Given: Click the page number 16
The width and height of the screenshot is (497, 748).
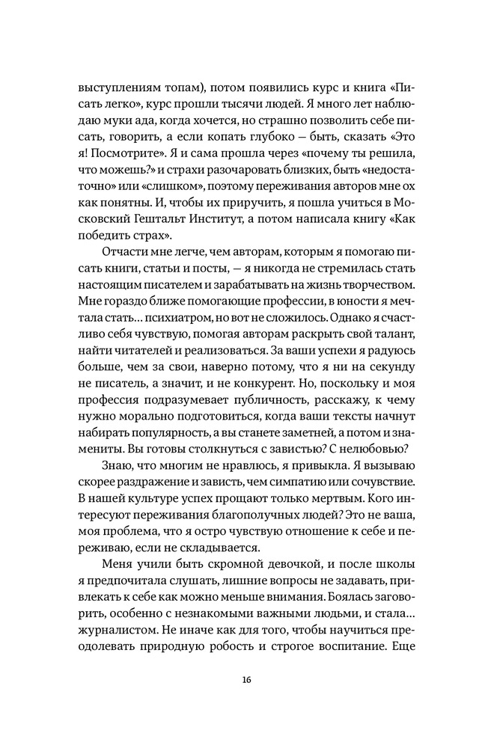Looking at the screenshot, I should click(248, 680).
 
